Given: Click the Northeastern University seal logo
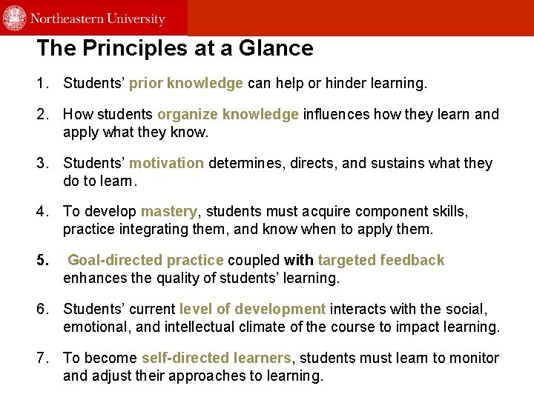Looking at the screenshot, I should (15, 18).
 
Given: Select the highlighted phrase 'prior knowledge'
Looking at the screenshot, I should (186, 84).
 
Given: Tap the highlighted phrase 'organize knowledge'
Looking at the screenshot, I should (228, 114).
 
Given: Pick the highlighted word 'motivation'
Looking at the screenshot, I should (166, 163).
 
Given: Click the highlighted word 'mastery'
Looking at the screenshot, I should (170, 212).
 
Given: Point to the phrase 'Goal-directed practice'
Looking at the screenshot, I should (145, 260).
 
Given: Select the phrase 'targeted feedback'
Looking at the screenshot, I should (381, 260).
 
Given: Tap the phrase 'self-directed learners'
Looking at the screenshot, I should (216, 358).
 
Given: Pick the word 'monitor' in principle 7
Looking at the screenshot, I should (472, 358).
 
